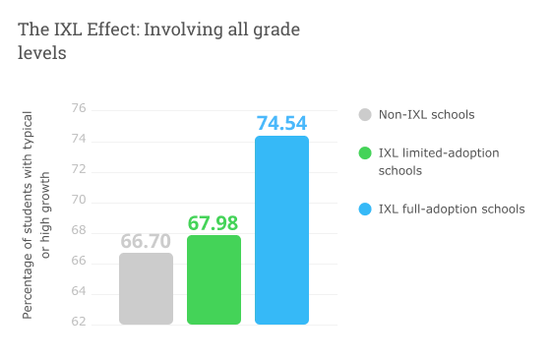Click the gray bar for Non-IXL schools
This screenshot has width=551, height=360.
pyautogui.click(x=146, y=288)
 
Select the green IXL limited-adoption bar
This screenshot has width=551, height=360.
pyautogui.click(x=214, y=279)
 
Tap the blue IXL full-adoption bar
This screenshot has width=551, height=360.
pyautogui.click(x=281, y=230)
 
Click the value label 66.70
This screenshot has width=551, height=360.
pyautogui.click(x=146, y=241)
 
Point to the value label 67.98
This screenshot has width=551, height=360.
pyautogui.click(x=214, y=223)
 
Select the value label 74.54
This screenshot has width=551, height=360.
pyautogui.click(x=281, y=123)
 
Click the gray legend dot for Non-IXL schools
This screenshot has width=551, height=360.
pyautogui.click(x=365, y=115)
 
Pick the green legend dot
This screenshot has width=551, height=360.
pyautogui.click(x=365, y=153)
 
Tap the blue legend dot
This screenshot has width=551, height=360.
pyautogui.click(x=365, y=209)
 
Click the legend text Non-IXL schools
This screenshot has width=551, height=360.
pyautogui.click(x=426, y=115)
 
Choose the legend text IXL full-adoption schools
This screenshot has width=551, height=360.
pyautogui.click(x=452, y=209)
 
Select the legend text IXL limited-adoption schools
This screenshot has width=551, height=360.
pyautogui.click(x=439, y=161)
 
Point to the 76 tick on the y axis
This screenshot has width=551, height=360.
pyautogui.click(x=79, y=109)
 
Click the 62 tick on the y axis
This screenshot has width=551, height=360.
pyautogui.click(x=79, y=323)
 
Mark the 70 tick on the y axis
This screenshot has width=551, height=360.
pyautogui.click(x=79, y=201)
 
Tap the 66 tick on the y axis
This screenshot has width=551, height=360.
pyautogui.click(x=79, y=262)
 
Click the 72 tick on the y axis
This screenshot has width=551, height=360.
pyautogui.click(x=79, y=170)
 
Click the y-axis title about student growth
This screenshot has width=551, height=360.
pyautogui.click(x=35, y=215)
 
